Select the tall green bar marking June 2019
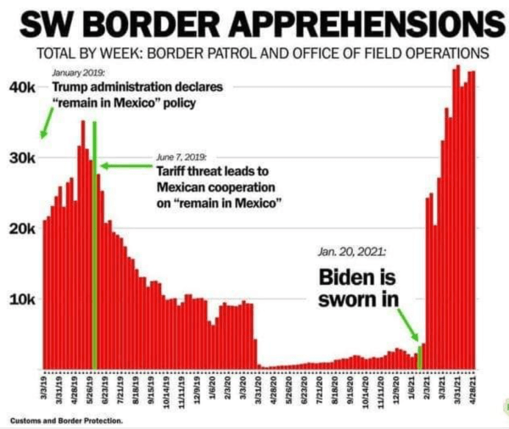pyautogui.click(x=94, y=246)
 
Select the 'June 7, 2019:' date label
pyautogui.click(x=180, y=157)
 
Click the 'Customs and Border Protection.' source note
pyautogui.click(x=66, y=421)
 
